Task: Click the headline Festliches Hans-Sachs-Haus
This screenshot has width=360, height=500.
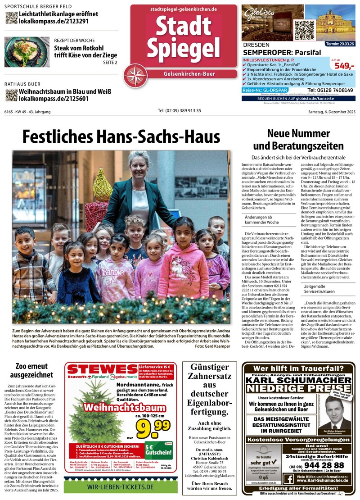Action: [121, 136]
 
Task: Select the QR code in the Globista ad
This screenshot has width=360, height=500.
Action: [304, 30]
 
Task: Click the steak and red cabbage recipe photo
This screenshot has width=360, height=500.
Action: [27, 52]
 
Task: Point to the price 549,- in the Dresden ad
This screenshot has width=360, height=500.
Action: [345, 66]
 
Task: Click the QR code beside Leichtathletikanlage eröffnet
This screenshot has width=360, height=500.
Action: [11, 18]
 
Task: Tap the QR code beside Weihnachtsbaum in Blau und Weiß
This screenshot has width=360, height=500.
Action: [11, 95]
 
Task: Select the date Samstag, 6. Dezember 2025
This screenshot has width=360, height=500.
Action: [332, 111]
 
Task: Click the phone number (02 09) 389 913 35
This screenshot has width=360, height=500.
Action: [180, 111]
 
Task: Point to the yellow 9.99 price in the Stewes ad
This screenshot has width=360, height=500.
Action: [153, 430]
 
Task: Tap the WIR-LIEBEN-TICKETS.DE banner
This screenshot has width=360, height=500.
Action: [121, 487]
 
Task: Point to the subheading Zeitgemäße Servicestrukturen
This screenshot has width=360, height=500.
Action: [319, 289]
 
